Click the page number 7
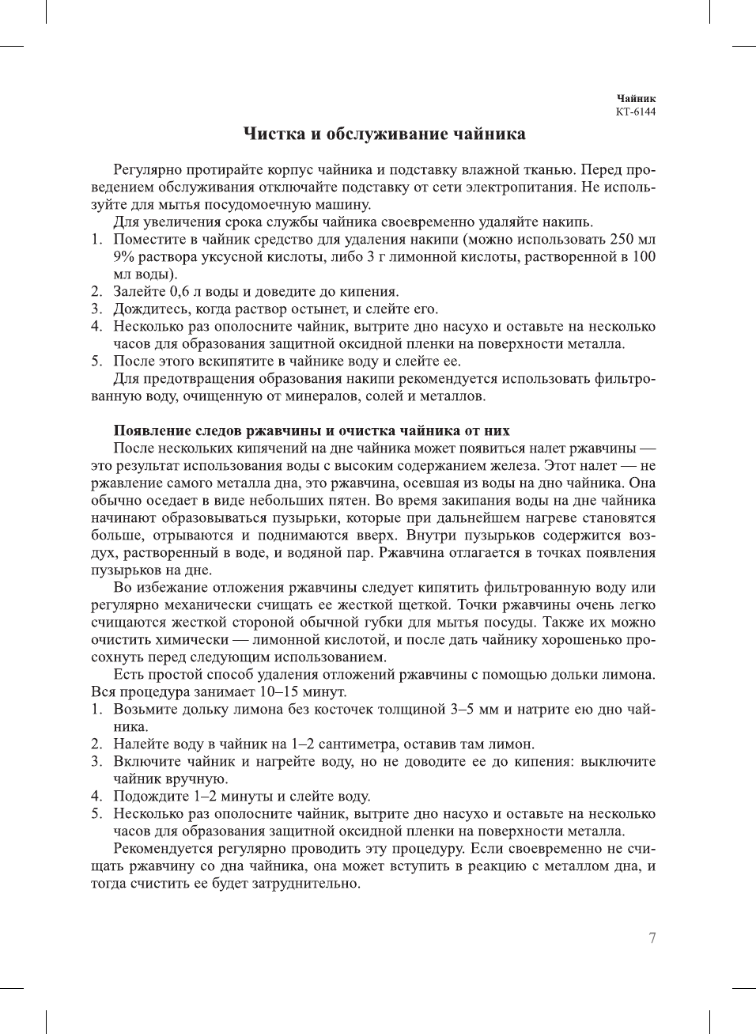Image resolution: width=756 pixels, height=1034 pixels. [x=652, y=938]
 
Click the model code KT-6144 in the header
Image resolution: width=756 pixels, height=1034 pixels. [x=636, y=112]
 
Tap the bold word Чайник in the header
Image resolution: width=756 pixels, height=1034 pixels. [x=637, y=99]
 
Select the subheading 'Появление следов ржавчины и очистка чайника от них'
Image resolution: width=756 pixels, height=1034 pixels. [x=312, y=430]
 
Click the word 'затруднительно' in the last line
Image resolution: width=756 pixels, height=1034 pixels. [x=308, y=883]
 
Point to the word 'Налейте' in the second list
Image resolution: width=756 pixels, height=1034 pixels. [x=139, y=744]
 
